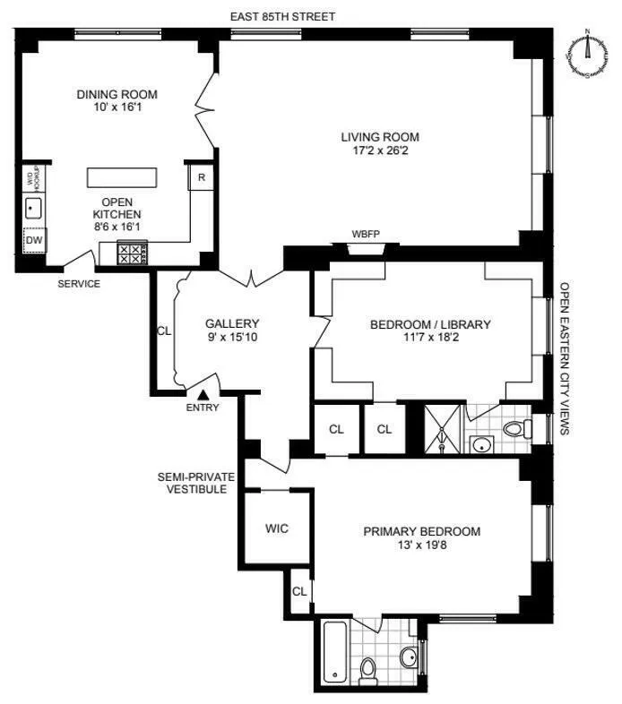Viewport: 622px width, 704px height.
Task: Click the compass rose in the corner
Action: pos(588,54)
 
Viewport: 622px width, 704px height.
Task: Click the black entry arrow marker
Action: pos(203,393)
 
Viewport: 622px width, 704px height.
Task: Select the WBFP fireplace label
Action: pos(366,235)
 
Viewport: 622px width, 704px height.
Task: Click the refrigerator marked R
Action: pos(202,177)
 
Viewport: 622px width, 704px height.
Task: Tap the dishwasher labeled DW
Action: pos(33,240)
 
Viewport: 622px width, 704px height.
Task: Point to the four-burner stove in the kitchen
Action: pos(130,254)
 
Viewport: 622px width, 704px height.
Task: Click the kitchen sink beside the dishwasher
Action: pos(33,209)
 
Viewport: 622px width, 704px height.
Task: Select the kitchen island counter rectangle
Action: pos(122,177)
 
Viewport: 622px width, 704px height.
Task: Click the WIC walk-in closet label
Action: pos(277,529)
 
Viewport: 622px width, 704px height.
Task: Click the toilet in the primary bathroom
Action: pos(367,667)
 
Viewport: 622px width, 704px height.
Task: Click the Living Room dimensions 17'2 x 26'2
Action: pos(379,151)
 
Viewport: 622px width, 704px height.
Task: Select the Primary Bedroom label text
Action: pos(421,531)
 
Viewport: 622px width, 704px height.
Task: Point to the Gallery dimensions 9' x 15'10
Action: pos(232,338)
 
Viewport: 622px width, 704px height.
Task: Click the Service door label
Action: pos(79,284)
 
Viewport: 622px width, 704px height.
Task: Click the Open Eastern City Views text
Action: pos(565,359)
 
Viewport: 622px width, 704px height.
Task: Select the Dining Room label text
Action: pos(117,94)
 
